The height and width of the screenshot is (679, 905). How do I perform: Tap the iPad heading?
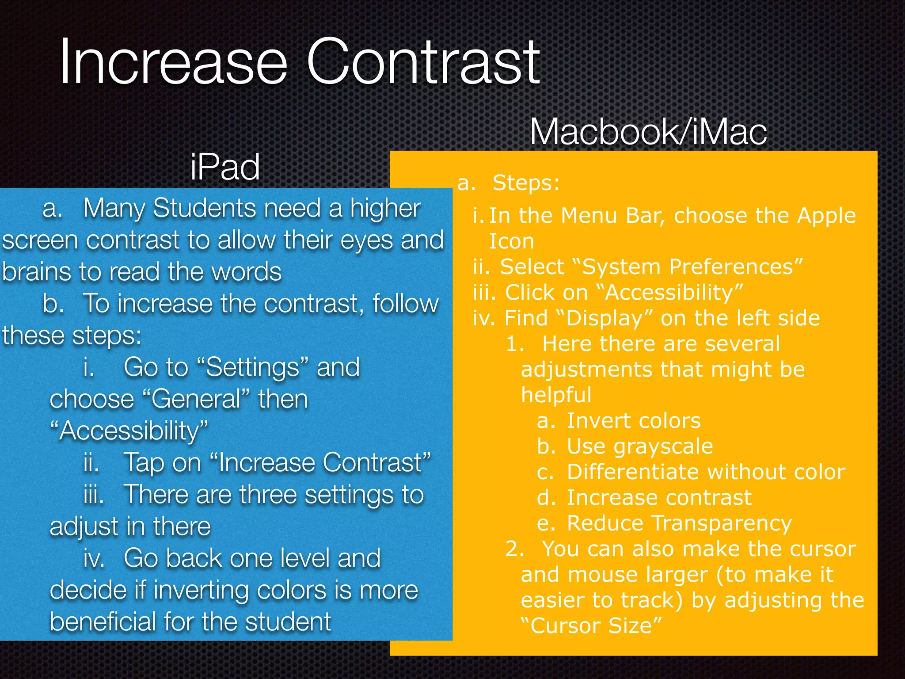[225, 167]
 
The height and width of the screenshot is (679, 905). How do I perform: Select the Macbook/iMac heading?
[648, 132]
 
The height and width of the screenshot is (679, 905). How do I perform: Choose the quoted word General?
[198, 400]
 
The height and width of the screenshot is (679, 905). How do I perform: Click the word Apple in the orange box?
[826, 216]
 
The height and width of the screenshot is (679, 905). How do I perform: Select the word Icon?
[511, 241]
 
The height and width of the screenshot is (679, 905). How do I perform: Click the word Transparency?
[722, 523]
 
